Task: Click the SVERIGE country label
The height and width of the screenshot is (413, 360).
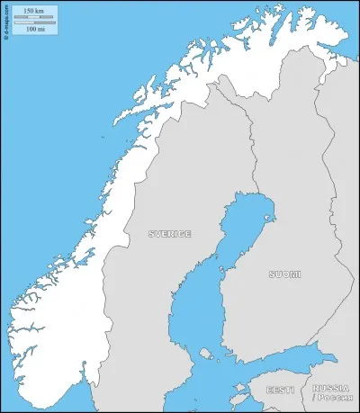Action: (x=169, y=234)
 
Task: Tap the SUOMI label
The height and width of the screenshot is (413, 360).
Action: (x=284, y=274)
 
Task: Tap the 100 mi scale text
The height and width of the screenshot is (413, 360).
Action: (x=35, y=30)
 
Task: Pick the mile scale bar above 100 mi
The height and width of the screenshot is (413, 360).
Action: (x=35, y=22)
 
